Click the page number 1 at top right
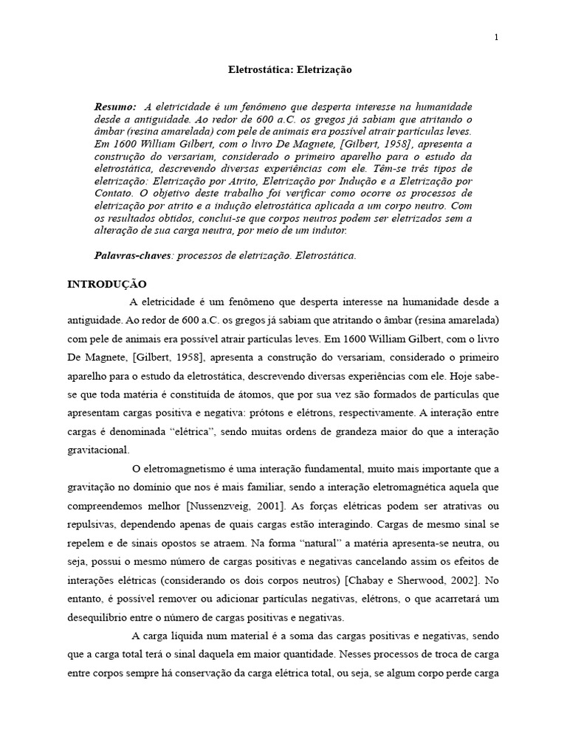click(496, 38)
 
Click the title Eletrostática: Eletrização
click(283, 70)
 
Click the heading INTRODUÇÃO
click(107, 284)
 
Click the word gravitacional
click(98, 449)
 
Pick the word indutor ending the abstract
click(329, 231)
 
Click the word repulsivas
click(92, 524)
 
